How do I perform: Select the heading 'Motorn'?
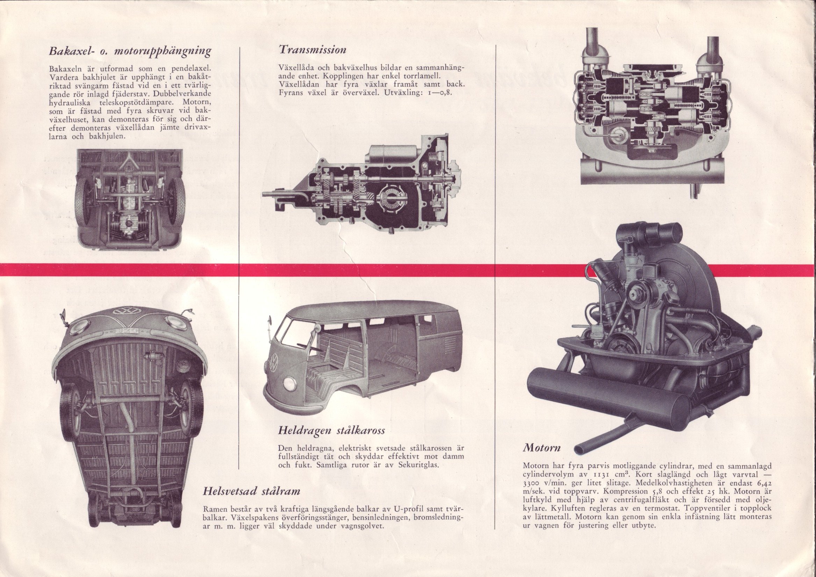tap(542, 447)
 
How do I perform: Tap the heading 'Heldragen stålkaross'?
tap(331, 431)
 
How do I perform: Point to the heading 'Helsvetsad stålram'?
tap(252, 491)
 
